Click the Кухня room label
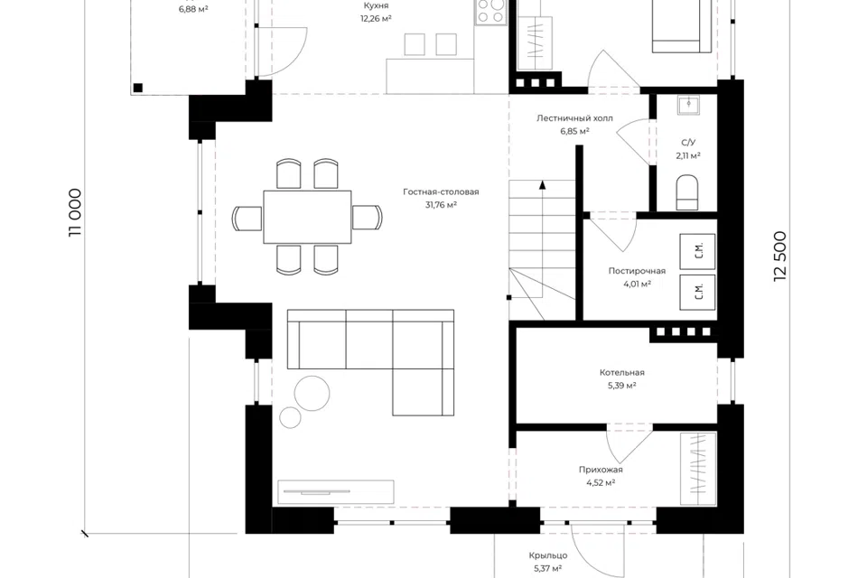coord(376,5)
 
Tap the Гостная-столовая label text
coord(441,192)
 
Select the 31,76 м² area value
coord(441,205)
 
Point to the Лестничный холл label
coord(574,117)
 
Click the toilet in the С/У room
coord(687,192)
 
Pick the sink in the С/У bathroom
coord(688,105)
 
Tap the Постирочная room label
coord(637,271)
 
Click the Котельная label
coord(622,373)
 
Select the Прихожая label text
coord(601,470)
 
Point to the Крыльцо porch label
coord(548,555)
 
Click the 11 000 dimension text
coord(75,213)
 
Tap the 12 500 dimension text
coord(779,256)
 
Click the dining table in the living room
coord(307,217)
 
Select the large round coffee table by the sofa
coord(312,393)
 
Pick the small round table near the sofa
coord(290,417)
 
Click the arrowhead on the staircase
coord(543,185)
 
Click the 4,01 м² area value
coord(637,284)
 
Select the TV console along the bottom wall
coord(336,491)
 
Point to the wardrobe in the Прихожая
coord(698,469)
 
